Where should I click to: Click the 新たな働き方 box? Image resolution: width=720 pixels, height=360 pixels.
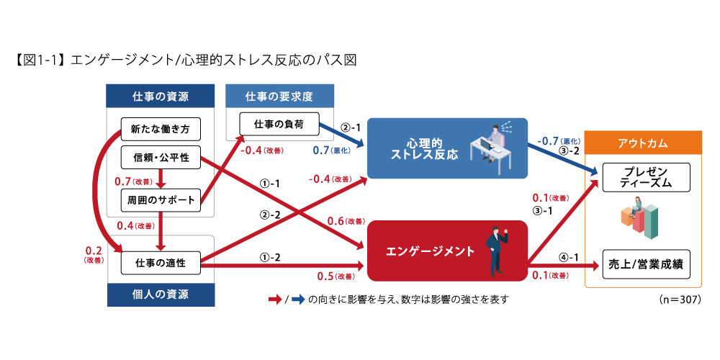point(161,130)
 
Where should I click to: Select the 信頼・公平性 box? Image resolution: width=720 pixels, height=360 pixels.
point(161,158)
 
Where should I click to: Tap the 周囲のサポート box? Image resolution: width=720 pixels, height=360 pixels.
point(161,199)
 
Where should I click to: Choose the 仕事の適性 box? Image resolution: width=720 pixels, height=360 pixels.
point(161,264)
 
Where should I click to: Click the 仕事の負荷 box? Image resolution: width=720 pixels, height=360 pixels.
point(279,125)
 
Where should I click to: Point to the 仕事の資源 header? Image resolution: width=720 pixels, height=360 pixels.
point(161,96)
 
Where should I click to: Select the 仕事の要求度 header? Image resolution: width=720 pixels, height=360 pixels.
point(279,96)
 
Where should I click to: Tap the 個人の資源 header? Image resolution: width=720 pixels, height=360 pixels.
point(161,294)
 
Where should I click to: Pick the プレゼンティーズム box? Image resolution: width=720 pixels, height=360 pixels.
point(646,177)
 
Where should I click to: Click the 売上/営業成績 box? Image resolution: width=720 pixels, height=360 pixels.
point(646,264)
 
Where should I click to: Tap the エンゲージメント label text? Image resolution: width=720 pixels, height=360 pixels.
point(431,251)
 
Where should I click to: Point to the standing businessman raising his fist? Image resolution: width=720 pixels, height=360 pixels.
point(496,251)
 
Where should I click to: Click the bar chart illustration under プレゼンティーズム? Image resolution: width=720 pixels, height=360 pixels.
point(640,220)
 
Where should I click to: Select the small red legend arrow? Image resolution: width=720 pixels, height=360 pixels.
point(275,300)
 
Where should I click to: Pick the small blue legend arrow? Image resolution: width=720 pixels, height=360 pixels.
point(298,300)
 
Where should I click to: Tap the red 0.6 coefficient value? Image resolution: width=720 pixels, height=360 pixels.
point(336,221)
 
